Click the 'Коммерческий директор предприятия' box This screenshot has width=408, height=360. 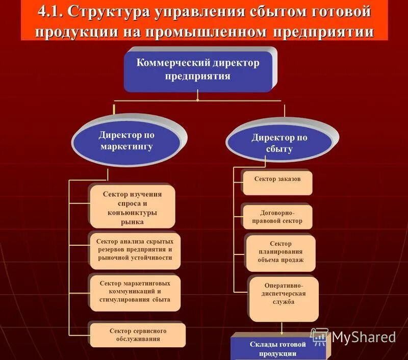pos(198,70)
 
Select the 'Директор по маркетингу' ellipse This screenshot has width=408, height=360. pos(126,141)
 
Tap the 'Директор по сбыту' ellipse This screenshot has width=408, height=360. pos(279,143)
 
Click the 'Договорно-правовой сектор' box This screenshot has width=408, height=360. pos(278,217)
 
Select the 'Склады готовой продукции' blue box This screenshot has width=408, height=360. pos(277,349)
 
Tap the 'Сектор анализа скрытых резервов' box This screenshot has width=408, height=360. pos(135,250)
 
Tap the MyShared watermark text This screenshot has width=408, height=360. pos(363,337)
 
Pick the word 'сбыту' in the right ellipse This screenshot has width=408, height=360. pos(279,149)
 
